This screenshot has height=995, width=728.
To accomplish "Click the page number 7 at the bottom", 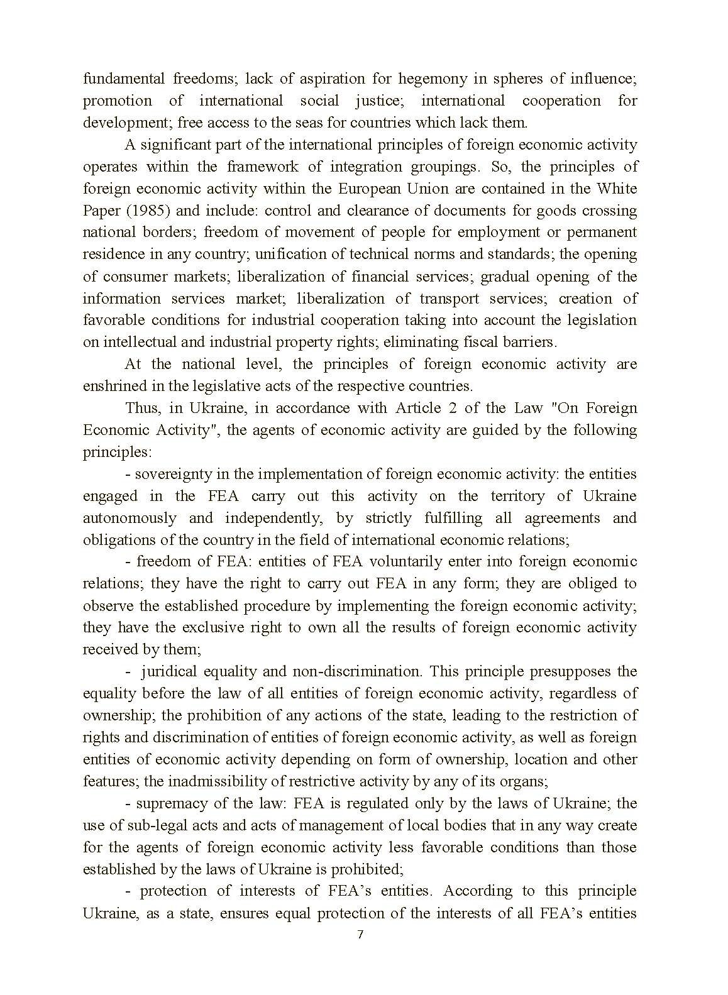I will (360, 934).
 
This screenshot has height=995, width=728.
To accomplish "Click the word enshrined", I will (113, 385).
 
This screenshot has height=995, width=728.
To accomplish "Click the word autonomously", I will (130, 517).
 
